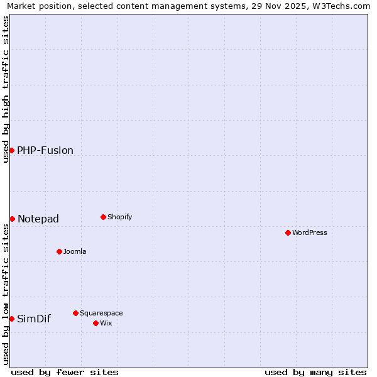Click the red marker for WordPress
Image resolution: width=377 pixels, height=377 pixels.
tap(288, 232)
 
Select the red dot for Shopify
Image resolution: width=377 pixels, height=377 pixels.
tap(103, 217)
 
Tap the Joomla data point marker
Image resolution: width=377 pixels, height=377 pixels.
tap(59, 251)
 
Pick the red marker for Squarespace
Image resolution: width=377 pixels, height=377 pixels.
tap(75, 313)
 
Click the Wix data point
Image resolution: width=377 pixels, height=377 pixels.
tap(96, 323)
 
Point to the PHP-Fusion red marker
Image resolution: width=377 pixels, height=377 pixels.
tap(11, 150)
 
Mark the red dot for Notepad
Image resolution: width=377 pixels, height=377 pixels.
tap(12, 219)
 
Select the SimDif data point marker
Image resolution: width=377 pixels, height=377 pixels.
tap(11, 319)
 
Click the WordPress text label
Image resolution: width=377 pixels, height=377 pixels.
tap(310, 232)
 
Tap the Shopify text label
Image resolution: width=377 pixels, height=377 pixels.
tap(120, 217)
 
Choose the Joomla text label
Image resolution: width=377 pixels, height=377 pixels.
tap(75, 251)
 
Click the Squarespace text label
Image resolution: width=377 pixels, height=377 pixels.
tap(101, 313)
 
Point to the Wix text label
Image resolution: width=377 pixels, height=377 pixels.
tap(106, 323)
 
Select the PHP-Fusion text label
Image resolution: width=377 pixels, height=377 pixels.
tap(45, 150)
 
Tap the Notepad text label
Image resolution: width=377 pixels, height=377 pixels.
tap(38, 219)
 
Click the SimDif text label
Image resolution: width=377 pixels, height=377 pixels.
tap(34, 319)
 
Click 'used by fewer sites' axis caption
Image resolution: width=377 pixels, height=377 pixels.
tap(65, 372)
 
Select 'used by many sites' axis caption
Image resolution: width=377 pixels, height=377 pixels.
tap(315, 372)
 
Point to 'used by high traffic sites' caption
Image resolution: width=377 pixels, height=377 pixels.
tap(6, 89)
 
